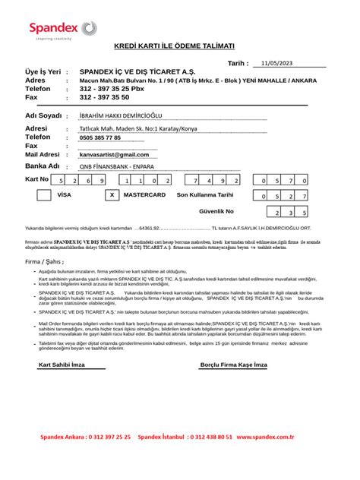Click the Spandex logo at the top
pos(63,30)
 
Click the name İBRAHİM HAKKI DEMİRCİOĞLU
pos(121,115)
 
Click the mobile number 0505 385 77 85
pos(99,137)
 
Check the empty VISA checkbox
pos(44,195)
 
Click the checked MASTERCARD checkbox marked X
pos(112,195)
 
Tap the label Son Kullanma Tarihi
pos(205,195)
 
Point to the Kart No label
pos(36,180)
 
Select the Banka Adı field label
pos(42,166)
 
